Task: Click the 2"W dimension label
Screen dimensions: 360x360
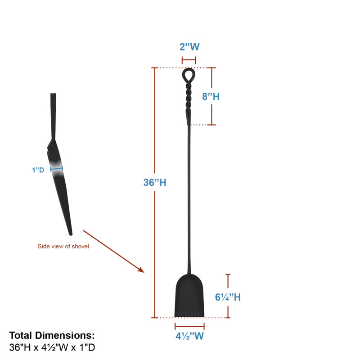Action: coord(189,47)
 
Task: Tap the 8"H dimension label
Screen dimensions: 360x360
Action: coord(211,96)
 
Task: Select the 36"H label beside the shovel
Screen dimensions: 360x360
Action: coord(155,183)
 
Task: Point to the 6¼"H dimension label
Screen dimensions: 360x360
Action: coord(228,297)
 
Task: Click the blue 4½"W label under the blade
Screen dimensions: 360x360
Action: coord(189,336)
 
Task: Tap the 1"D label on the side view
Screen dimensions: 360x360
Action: coord(38,170)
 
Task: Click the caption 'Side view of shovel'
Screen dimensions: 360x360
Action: coord(63,246)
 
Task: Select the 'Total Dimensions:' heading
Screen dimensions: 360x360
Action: coord(52,335)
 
